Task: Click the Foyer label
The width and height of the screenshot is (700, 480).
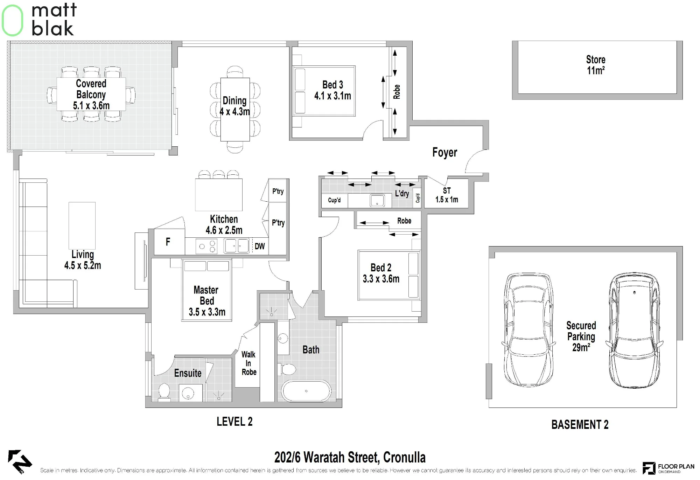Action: (x=444, y=152)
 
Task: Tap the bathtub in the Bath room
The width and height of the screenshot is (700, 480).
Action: (x=306, y=391)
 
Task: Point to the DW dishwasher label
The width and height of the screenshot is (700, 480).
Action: (x=260, y=246)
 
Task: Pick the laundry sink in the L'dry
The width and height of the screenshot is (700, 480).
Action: (x=377, y=201)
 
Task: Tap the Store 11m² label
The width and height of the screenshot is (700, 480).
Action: (x=596, y=65)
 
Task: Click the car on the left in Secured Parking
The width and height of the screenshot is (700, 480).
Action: (x=528, y=329)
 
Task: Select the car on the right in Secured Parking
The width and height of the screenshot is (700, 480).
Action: (x=635, y=330)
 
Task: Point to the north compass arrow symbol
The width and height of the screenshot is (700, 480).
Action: (x=20, y=461)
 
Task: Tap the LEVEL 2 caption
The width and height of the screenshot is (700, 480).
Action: (x=234, y=422)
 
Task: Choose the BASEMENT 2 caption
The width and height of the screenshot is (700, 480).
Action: (x=580, y=425)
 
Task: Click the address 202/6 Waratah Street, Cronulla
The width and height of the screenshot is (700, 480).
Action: (x=350, y=457)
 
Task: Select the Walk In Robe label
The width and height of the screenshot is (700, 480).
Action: (x=249, y=363)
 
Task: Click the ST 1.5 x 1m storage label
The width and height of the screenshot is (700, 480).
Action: (x=447, y=195)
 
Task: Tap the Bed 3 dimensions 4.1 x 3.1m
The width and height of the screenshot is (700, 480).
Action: (x=332, y=96)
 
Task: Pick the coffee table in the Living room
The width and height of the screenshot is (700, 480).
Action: (x=82, y=225)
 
